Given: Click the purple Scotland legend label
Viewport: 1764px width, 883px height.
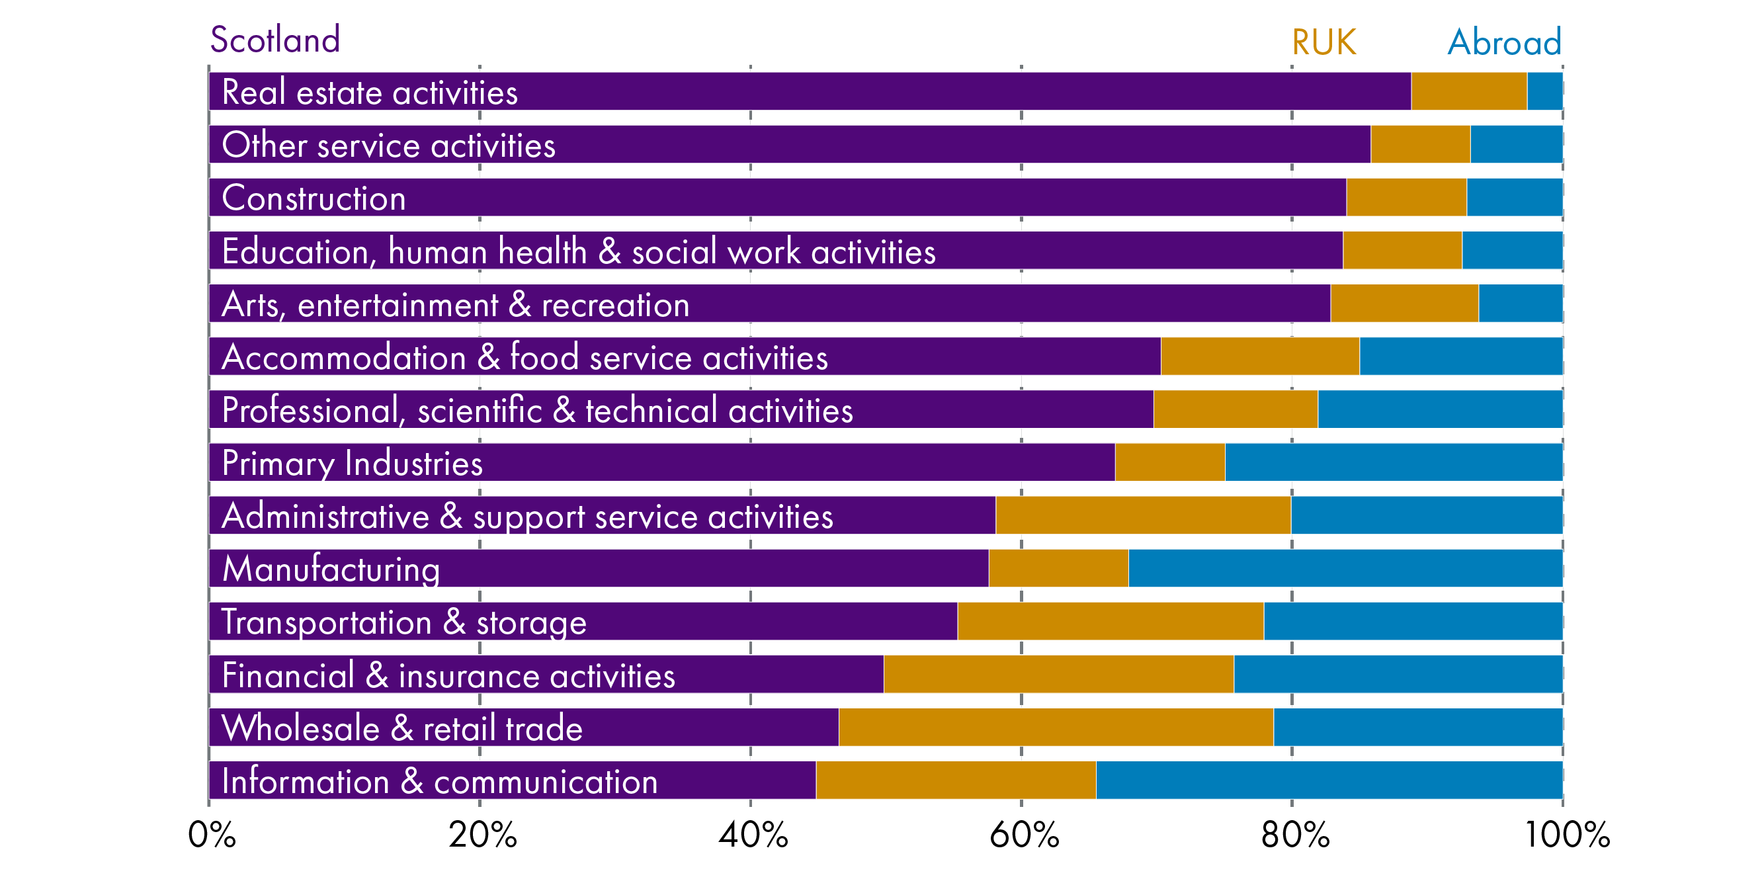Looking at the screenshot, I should click(x=274, y=40).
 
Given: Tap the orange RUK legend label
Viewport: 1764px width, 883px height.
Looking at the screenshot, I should click(x=1323, y=42).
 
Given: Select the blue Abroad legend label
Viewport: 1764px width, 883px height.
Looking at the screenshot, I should click(x=1504, y=42).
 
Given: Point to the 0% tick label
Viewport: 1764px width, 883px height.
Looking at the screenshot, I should click(x=212, y=834).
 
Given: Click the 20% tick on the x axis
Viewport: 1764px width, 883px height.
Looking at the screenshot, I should click(x=482, y=834).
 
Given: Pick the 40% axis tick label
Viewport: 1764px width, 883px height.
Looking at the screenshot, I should click(x=753, y=834).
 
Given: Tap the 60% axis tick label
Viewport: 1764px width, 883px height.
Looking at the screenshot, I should click(x=1024, y=834).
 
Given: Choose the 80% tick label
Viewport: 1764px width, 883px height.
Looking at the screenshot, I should click(x=1294, y=834).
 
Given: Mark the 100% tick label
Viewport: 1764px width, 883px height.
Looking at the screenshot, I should click(x=1566, y=834).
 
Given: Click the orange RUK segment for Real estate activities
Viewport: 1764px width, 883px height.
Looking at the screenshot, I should click(x=1469, y=91).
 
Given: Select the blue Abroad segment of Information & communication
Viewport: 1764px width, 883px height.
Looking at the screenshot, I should click(x=1329, y=780).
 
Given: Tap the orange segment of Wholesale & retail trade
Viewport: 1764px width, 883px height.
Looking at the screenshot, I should click(x=1055, y=727).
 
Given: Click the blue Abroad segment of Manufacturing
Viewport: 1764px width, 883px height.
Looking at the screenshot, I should click(x=1345, y=568).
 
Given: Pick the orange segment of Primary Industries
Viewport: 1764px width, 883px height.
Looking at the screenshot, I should click(x=1169, y=462).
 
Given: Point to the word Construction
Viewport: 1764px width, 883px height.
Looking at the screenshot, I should click(x=314, y=198).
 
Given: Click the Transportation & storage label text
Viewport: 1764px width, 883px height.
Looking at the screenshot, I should click(x=404, y=622).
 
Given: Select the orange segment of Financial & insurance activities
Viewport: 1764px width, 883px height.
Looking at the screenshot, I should click(x=1058, y=674).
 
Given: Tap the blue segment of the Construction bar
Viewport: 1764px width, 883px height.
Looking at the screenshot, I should click(x=1514, y=197).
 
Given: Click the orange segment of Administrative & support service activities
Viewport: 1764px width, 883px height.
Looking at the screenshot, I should click(x=1143, y=515).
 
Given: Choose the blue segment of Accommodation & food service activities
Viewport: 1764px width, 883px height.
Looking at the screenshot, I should click(x=1460, y=357).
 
